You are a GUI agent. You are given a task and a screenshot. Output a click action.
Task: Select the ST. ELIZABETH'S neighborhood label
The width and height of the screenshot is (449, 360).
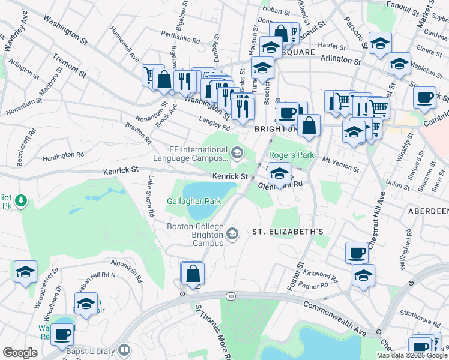point(288,231)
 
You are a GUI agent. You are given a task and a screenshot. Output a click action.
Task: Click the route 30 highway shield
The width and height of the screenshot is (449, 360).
point(230,296)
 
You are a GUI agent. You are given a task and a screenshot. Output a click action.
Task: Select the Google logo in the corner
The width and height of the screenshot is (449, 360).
point(20,353)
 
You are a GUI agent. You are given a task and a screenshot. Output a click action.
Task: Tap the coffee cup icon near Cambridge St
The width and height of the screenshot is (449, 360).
point(425,98)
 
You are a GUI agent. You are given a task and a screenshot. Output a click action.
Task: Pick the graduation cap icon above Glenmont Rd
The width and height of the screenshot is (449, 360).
point(279,174)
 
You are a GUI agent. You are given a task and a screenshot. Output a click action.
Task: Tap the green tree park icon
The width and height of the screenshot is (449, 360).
point(21,200)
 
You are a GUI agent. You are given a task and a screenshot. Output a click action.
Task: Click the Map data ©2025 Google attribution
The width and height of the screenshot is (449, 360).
point(412,355)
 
